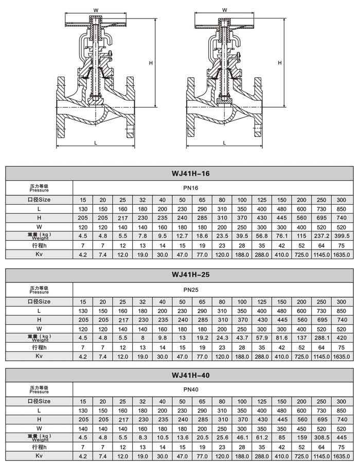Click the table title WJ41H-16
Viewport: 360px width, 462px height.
[190, 174]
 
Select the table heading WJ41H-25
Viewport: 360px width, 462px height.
[190, 275]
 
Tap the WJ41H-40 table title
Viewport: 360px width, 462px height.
[190, 376]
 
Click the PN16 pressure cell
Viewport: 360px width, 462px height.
[190, 188]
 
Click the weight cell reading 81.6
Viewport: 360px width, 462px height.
[281, 337]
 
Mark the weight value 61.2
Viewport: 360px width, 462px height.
[262, 438]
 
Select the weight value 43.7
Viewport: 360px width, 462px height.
[242, 337]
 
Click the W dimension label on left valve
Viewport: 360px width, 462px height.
[96, 10]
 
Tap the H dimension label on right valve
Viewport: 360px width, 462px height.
[279, 62]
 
